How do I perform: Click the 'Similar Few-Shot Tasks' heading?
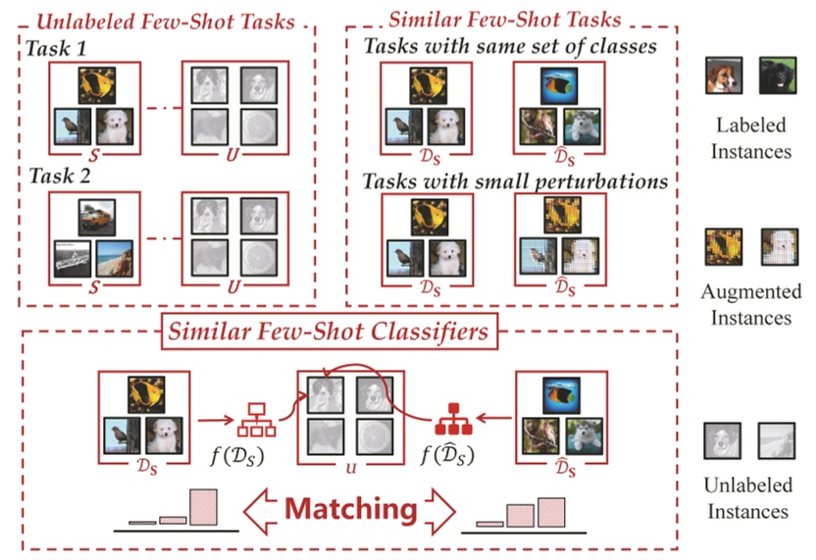coord(505,19)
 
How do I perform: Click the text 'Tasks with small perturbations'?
coord(515,181)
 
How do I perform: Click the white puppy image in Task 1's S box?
coord(115,125)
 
